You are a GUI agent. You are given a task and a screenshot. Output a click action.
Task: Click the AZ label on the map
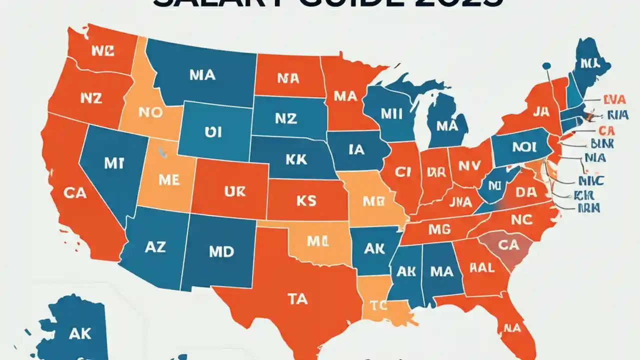click(155, 246)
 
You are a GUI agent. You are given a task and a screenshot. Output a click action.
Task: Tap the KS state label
click(305, 201)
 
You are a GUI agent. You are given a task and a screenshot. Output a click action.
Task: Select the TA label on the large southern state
click(297, 298)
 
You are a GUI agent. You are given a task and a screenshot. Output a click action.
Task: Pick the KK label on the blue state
click(296, 160)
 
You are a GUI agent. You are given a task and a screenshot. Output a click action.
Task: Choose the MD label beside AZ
click(221, 251)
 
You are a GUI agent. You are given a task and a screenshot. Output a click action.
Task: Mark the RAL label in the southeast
click(482, 268)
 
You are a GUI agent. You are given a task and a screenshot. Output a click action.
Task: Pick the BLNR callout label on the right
click(604, 144)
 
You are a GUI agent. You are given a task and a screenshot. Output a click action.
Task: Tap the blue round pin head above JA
click(546, 65)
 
